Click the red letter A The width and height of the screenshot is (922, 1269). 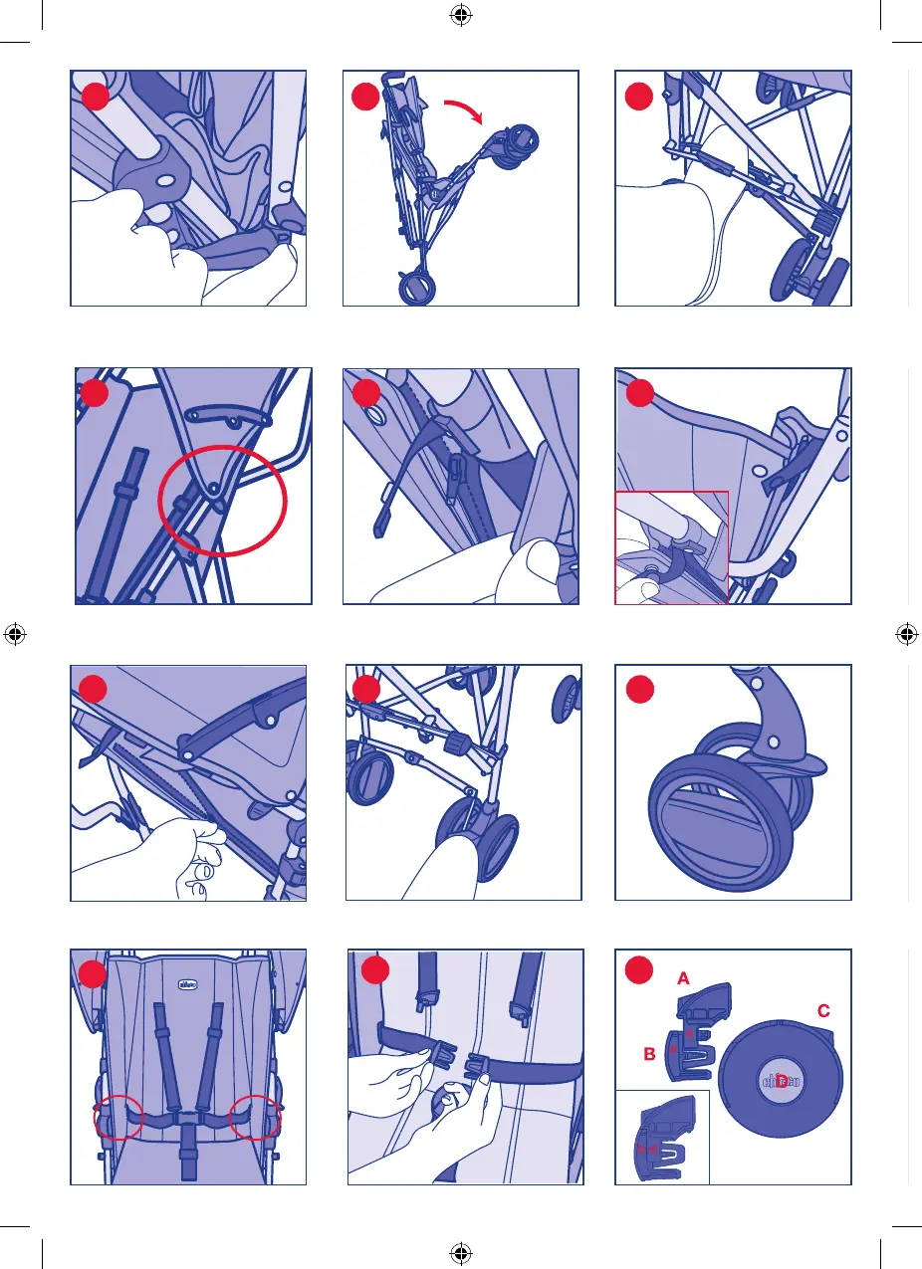pos(682,978)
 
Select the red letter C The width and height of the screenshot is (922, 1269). pos(822,1011)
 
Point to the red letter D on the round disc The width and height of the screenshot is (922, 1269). pos(782,1082)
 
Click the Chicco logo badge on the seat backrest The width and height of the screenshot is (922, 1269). pos(186,985)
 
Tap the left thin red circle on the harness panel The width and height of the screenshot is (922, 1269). pos(117,1119)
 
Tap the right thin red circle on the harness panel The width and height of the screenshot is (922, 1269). pos(255,1119)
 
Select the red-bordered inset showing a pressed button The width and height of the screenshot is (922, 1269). pos(672,546)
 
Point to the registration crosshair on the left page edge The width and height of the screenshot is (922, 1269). pos(14,633)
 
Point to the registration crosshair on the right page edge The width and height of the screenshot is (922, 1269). pos(906,633)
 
